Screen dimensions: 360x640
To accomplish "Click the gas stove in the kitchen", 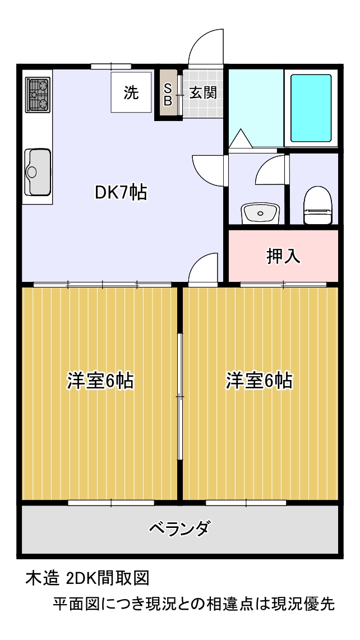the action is tap(38, 95).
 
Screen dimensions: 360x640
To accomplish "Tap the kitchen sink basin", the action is tap(38, 172).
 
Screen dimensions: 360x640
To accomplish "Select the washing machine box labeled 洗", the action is tap(131, 92).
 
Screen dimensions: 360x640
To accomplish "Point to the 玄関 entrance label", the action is tap(202, 94).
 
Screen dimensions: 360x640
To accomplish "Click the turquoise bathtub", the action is tap(311, 108).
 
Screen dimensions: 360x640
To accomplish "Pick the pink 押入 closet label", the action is tap(284, 256).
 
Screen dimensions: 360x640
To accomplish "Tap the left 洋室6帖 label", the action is tap(100, 381).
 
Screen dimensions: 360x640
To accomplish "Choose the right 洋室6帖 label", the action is tap(260, 381).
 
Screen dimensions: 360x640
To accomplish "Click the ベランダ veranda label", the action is tap(180, 528).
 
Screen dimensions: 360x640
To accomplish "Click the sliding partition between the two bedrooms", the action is tap(179, 396).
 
